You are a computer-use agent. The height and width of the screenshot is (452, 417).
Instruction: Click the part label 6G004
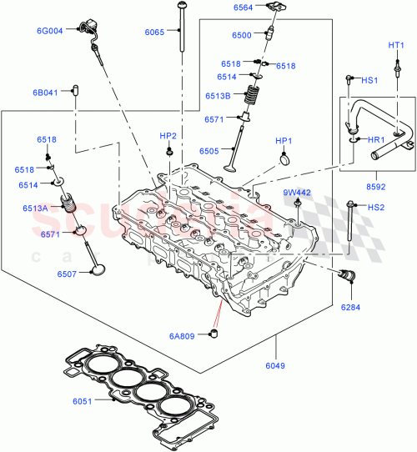(49, 31)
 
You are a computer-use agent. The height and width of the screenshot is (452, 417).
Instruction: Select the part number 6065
(154, 32)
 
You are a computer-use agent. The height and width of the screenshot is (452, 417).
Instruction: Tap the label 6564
(244, 8)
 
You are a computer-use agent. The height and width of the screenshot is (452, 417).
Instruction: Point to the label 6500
(241, 36)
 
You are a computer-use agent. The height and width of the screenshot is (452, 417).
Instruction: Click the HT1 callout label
(396, 44)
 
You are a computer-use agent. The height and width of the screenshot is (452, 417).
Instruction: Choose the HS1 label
(369, 80)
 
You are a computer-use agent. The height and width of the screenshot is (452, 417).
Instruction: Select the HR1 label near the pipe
(375, 139)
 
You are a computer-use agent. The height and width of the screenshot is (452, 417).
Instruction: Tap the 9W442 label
(296, 193)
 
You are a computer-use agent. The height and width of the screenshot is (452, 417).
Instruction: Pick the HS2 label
(376, 207)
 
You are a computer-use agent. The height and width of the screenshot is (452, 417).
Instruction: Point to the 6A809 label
(183, 336)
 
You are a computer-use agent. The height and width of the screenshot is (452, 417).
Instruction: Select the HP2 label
(168, 136)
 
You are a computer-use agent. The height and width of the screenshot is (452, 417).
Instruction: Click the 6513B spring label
(219, 95)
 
